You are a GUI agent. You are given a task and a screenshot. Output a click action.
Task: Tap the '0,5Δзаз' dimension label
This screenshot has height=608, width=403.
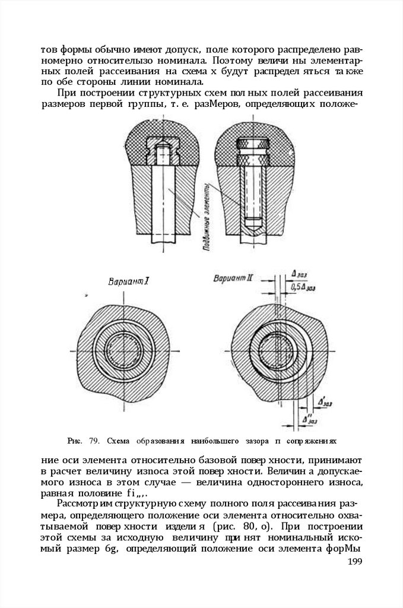tap(303, 287)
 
